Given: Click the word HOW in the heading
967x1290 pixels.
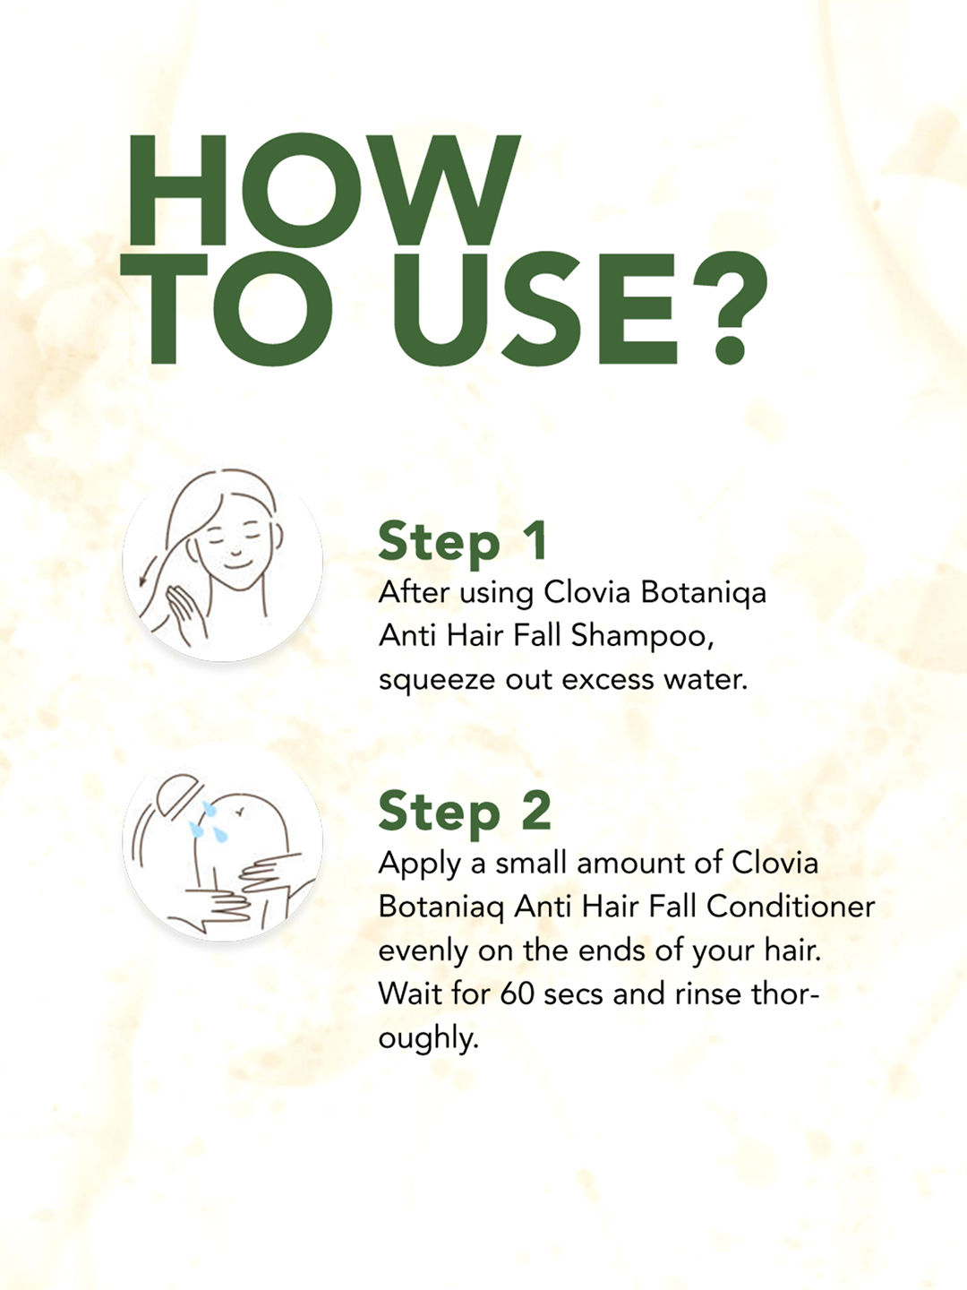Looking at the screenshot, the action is pyautogui.click(x=323, y=190).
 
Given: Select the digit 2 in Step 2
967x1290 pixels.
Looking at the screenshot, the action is pyautogui.click(x=536, y=810).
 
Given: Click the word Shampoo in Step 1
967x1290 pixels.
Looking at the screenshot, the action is pyautogui.click(x=642, y=637).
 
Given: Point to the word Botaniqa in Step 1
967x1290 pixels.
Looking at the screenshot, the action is pyautogui.click(x=704, y=593).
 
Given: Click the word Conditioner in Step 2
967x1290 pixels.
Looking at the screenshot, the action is pyautogui.click(x=791, y=907).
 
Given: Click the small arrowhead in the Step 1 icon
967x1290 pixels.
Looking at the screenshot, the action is pyautogui.click(x=142, y=580).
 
